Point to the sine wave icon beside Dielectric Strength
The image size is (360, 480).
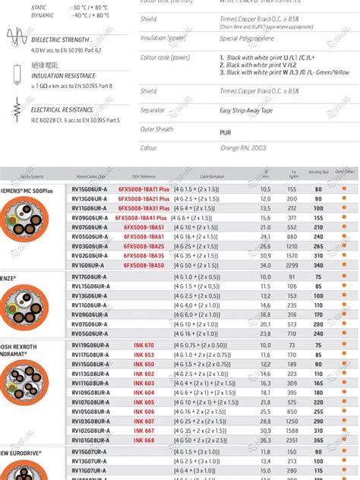pyautogui.click(x=16, y=35)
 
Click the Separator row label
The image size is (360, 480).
pyautogui.click(x=153, y=110)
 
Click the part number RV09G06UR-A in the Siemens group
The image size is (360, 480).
pyautogui.click(x=90, y=217)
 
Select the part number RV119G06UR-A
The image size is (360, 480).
pyautogui.click(x=90, y=345)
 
